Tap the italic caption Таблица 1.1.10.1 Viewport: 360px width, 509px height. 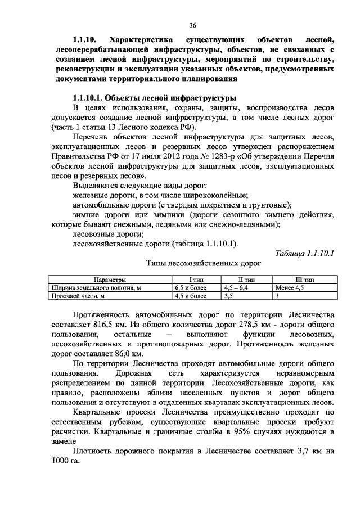(x=304, y=253)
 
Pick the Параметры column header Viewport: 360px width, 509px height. (x=110, y=280)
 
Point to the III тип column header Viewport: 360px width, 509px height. (x=304, y=280)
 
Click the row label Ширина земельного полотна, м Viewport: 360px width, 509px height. (x=96, y=287)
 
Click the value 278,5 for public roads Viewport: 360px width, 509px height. (x=246, y=324)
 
